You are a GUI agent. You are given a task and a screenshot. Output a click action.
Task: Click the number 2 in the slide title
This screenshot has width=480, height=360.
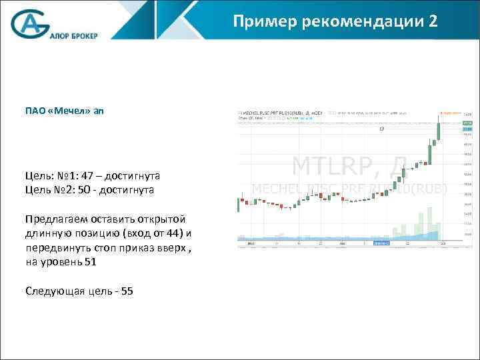tap(433, 22)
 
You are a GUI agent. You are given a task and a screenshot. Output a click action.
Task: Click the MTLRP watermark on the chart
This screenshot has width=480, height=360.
tap(340, 163)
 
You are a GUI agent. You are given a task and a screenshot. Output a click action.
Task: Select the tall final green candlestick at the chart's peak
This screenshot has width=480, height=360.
tap(438, 130)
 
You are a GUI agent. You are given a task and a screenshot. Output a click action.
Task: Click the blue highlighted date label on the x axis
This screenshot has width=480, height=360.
tap(381, 243)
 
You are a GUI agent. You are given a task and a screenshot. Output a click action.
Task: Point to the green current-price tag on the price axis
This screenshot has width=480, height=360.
tap(467, 123)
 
